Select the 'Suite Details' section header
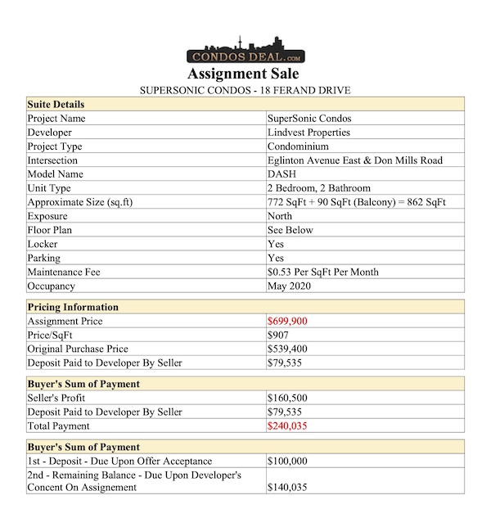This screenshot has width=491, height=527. pyautogui.click(x=56, y=105)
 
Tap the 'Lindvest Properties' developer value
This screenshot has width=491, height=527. pyautogui.click(x=309, y=133)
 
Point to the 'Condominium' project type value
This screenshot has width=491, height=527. pyautogui.click(x=299, y=146)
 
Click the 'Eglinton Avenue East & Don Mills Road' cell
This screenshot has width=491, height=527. pyautogui.click(x=354, y=160)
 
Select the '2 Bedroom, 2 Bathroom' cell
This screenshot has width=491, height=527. pyautogui.click(x=318, y=188)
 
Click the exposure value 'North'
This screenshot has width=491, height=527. pyautogui.click(x=280, y=216)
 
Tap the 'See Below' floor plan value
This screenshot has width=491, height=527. pyautogui.click(x=290, y=230)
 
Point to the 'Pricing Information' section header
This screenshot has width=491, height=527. pyautogui.click(x=73, y=307)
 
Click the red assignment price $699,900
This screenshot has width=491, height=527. pyautogui.click(x=287, y=322)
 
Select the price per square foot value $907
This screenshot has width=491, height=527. pyautogui.click(x=278, y=336)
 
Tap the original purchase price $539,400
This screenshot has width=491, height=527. pyautogui.click(x=287, y=349)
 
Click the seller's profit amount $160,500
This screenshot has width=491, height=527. pyautogui.click(x=287, y=398)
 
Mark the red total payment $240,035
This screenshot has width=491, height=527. pyautogui.click(x=287, y=426)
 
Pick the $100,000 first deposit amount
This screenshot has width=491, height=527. pyautogui.click(x=287, y=462)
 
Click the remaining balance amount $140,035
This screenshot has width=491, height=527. pyautogui.click(x=287, y=489)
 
